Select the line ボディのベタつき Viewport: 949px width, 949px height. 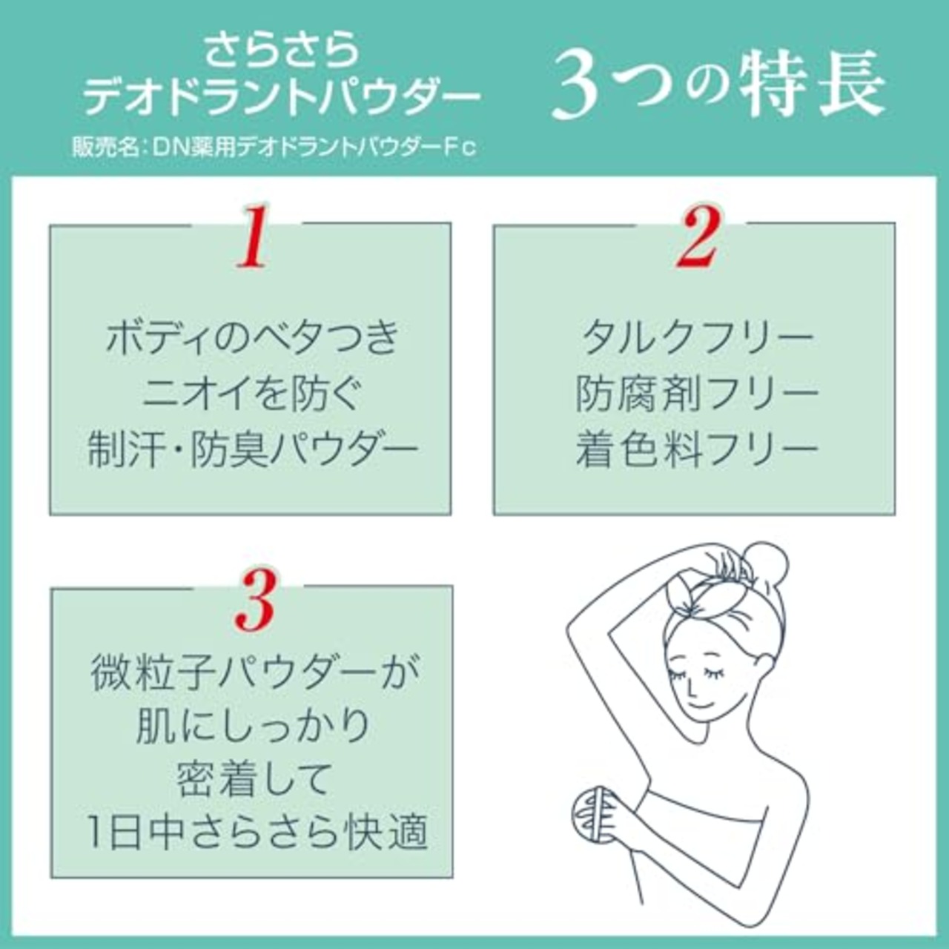pyautogui.click(x=252, y=337)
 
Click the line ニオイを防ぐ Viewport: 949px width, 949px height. pyautogui.click(x=252, y=393)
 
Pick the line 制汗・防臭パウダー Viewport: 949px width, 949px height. pyautogui.click(x=252, y=449)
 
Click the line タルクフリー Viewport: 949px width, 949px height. pyautogui.click(x=697, y=337)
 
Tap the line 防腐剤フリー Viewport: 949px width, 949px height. pyautogui.click(x=697, y=393)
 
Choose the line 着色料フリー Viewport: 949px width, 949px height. pyautogui.click(x=697, y=449)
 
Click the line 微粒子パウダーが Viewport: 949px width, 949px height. pyautogui.click(x=255, y=672)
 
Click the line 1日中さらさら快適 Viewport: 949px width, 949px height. pyautogui.click(x=257, y=832)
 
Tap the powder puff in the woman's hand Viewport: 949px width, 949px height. pyautogui.click(x=590, y=816)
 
